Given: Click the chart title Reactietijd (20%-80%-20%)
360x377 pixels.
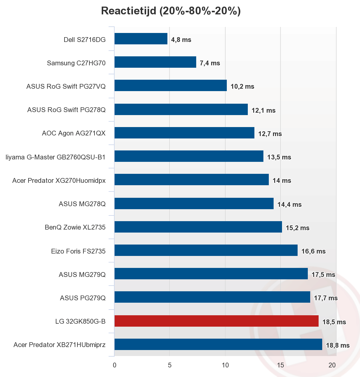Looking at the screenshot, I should coord(171,11).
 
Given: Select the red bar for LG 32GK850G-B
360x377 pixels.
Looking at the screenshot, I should coord(216,321).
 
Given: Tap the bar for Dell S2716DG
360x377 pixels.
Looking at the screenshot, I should coord(141,39).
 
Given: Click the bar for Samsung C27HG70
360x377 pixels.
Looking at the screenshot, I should coord(155,62).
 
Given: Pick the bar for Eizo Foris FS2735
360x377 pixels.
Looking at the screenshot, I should coord(206,250).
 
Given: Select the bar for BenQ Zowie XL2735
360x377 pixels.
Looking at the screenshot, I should coord(198,227).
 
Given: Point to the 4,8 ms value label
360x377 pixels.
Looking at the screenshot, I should coord(181,40).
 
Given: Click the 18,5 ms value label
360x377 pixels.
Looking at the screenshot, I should coord(334,322).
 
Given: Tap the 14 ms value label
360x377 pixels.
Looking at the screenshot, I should coord(282,181).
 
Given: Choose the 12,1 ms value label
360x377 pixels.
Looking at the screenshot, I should coord(263,111).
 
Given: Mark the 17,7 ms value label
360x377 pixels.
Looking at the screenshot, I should coord(325,298).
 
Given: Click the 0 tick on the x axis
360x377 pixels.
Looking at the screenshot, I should coord(114,365).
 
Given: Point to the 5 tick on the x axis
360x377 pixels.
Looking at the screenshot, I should coord(170,365).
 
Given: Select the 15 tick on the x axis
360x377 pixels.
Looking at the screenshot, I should coord(280,365).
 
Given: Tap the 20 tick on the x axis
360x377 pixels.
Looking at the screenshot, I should coord(332,365).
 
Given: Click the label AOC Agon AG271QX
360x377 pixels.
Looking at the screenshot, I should coord(73,133).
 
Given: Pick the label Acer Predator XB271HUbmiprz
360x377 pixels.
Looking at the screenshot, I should coord(59,345).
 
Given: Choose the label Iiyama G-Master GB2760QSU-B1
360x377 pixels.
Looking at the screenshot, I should coord(55,157).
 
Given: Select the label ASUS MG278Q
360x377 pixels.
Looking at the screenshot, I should coord(82,204).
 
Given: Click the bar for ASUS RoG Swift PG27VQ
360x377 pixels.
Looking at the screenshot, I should coord(170,85).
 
